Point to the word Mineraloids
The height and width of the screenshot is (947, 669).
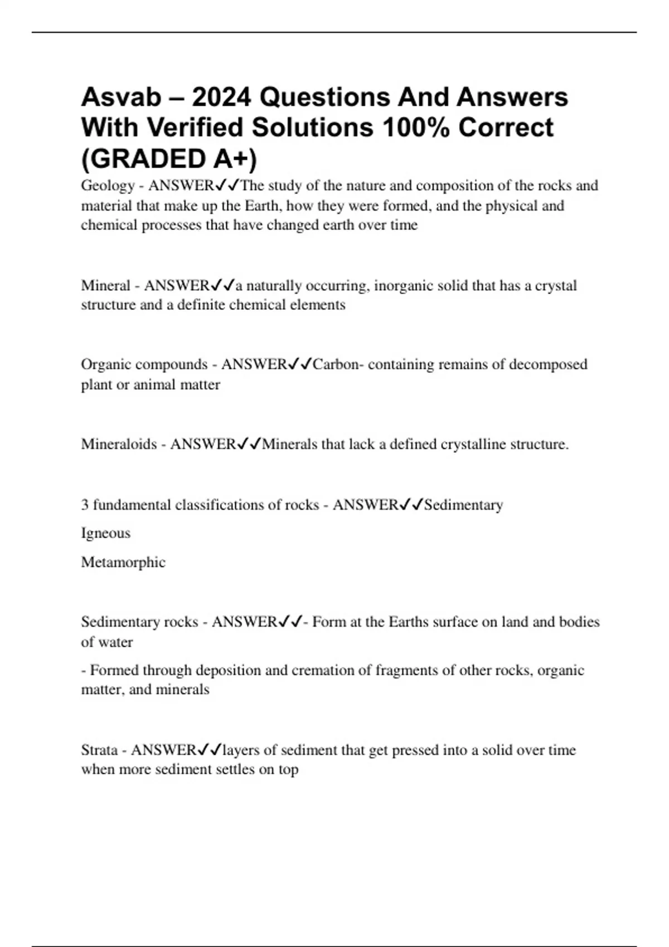point(119,445)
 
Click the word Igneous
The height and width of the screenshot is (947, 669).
point(106,534)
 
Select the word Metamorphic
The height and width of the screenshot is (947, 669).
point(123,562)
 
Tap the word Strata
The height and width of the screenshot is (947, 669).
point(99,750)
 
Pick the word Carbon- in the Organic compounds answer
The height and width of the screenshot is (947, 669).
point(337,365)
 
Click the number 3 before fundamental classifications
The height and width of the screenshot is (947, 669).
point(85,505)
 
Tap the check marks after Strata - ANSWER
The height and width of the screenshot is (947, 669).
point(210,750)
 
